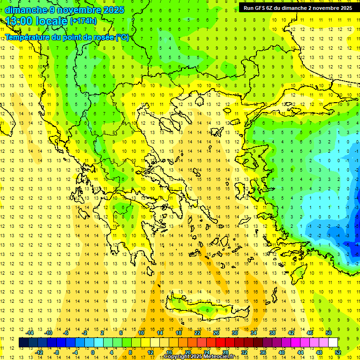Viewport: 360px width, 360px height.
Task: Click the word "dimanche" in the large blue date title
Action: coord(26,10)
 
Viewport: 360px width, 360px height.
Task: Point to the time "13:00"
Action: coord(22,21)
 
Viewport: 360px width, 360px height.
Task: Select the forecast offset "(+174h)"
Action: coord(83,21)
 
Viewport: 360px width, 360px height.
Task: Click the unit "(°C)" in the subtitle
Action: coord(122,37)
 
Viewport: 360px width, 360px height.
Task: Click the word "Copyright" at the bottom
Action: coord(178,357)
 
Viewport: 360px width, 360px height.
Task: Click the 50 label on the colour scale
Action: coord(329,332)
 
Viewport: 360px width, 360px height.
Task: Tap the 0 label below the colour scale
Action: coord(93,352)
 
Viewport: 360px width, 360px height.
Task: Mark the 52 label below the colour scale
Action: coord(338,352)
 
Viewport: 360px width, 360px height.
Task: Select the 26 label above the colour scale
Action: coord(216,332)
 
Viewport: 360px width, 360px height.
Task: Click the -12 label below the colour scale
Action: coord(39,352)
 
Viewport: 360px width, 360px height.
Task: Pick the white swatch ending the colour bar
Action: coord(333,342)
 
